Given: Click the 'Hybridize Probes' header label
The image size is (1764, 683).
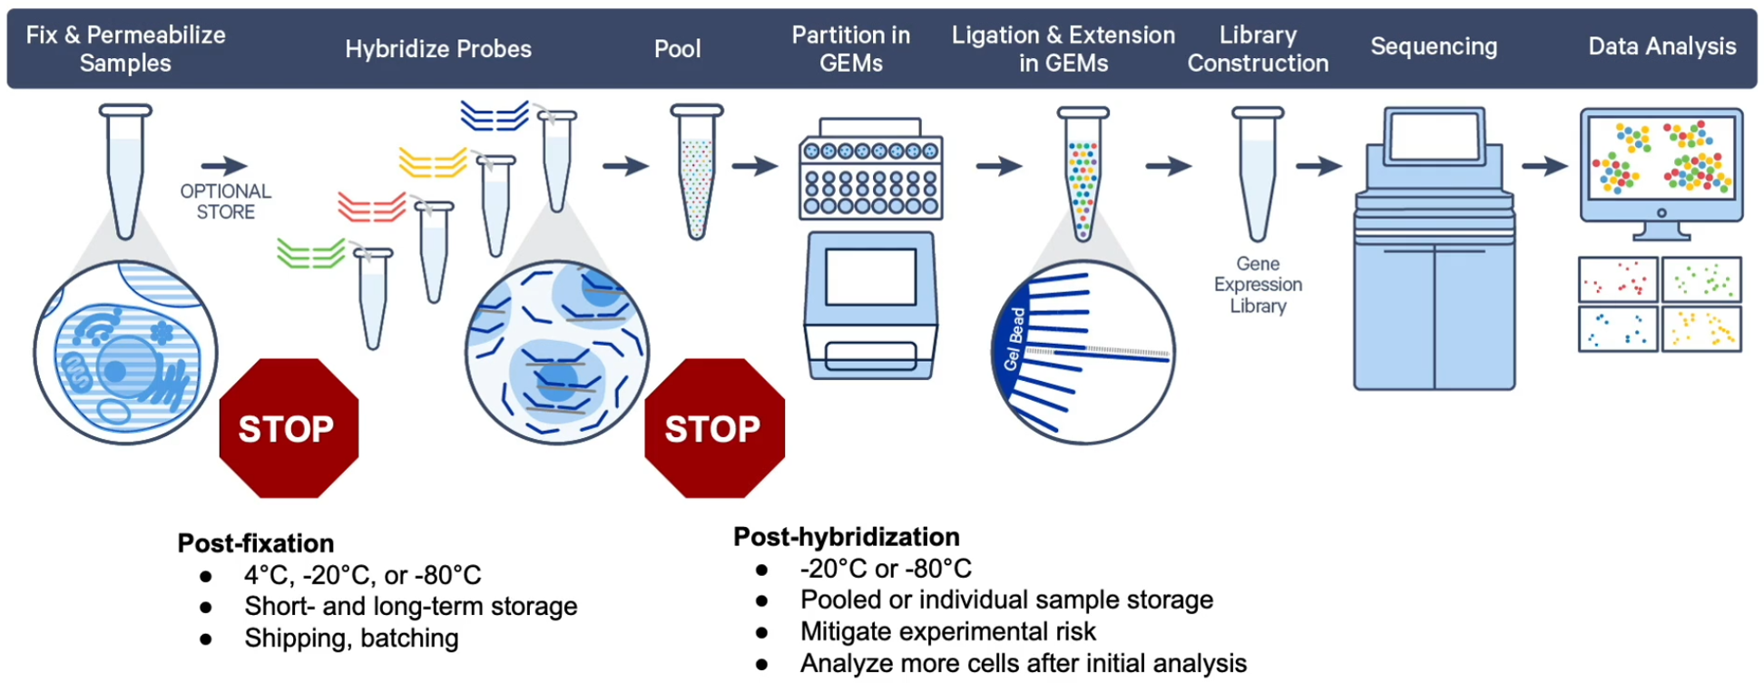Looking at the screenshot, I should click(x=438, y=49).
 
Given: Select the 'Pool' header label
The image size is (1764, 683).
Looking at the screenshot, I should click(x=677, y=49).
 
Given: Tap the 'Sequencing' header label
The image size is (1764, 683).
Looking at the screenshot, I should click(x=1434, y=46).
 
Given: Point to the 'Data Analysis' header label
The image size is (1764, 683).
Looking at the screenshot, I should click(x=1661, y=46).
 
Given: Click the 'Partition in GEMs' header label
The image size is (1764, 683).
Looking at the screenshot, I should click(x=850, y=49).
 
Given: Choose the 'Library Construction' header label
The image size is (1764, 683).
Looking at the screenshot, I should click(x=1258, y=49).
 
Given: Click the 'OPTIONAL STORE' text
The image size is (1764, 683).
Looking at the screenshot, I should click(x=225, y=201).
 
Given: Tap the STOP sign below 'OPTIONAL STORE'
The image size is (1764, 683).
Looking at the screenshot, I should click(x=289, y=428).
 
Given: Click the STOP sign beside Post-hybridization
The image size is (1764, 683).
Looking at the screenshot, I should click(x=714, y=428).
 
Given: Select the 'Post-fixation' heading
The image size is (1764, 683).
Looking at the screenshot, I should click(x=256, y=543).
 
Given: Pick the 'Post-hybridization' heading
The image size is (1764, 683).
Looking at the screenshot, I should click(x=846, y=537).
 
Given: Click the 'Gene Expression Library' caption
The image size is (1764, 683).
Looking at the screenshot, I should click(x=1258, y=285).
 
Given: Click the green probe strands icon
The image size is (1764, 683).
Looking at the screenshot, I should click(x=310, y=254).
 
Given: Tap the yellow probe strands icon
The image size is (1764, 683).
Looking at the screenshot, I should click(x=432, y=163).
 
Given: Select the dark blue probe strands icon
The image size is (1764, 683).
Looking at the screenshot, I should click(x=494, y=116).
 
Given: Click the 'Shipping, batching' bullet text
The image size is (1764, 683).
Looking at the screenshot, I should click(x=351, y=639).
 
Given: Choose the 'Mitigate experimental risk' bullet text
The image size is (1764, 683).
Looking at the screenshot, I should click(x=947, y=631).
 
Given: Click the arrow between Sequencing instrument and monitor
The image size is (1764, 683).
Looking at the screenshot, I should click(x=1544, y=166).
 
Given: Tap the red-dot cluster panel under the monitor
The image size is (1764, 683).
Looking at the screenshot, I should click(x=1618, y=280).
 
